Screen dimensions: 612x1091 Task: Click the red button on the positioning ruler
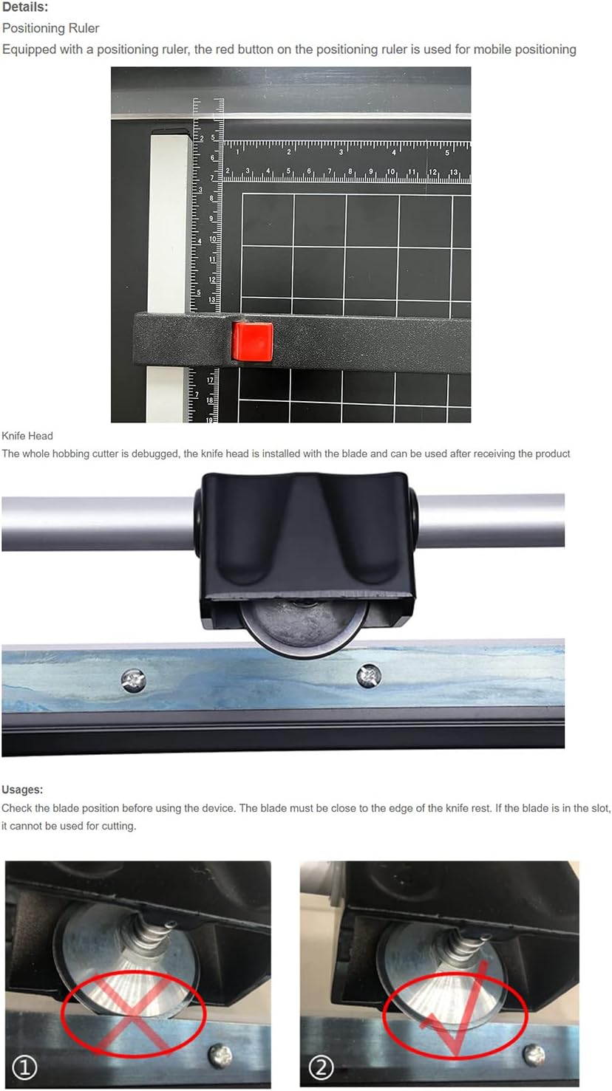tap(252, 341)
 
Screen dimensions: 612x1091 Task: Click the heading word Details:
tap(25, 7)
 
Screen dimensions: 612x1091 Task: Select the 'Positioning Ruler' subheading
tap(51, 28)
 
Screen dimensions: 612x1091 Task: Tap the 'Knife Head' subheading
tap(27, 435)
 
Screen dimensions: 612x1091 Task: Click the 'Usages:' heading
tap(22, 790)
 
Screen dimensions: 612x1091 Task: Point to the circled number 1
tap(24, 1068)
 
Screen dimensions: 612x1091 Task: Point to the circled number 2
tap(321, 1068)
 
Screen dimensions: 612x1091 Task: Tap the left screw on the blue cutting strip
tap(134, 680)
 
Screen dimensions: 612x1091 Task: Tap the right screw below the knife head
tap(369, 676)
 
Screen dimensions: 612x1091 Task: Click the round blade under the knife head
tap(303, 629)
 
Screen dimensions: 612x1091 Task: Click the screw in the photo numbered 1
tap(220, 1055)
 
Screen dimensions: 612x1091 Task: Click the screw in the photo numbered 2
tap(534, 1053)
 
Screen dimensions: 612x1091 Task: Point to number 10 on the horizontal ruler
tap(391, 171)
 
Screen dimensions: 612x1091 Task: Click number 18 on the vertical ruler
tap(209, 400)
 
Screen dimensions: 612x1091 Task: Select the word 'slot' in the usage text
tap(599, 808)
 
